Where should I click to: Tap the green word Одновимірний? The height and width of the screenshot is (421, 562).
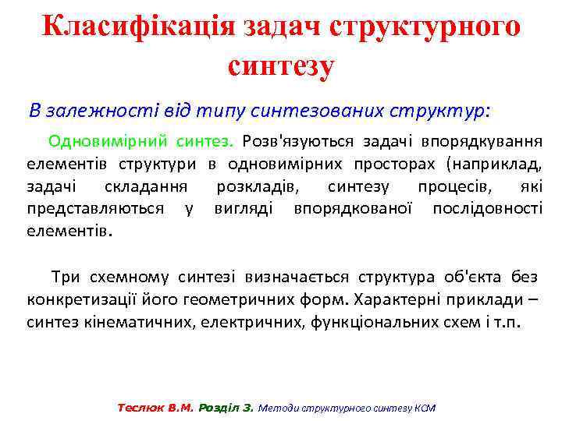(94, 142)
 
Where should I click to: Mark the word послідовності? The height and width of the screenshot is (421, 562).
(488, 209)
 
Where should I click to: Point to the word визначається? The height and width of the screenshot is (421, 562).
(297, 277)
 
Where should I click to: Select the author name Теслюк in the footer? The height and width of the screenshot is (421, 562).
(137, 408)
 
